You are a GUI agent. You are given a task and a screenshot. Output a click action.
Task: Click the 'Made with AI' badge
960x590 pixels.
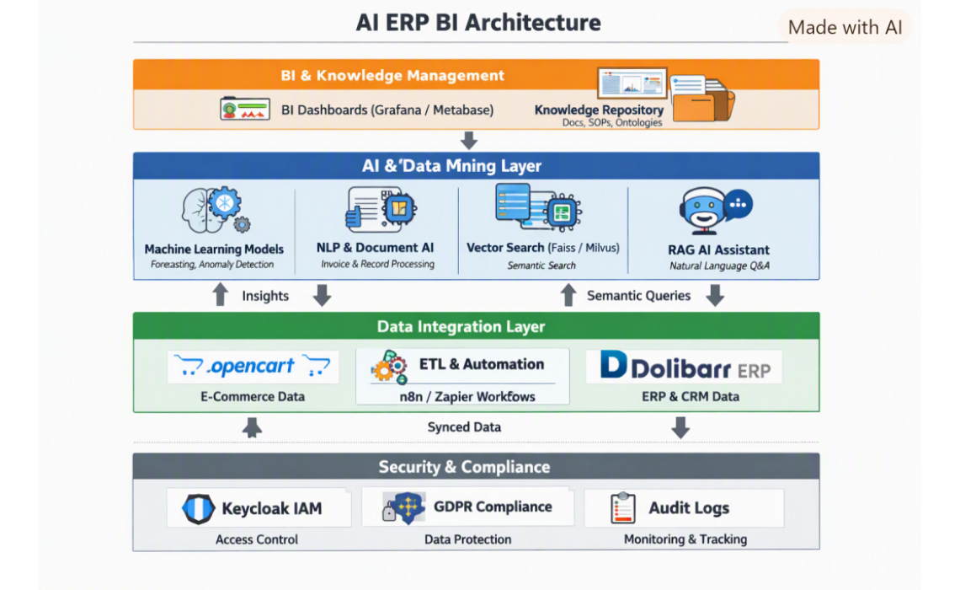click(845, 28)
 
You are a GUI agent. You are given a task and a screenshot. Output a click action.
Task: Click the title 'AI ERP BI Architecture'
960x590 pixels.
click(478, 23)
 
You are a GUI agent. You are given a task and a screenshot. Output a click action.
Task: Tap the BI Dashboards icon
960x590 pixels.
click(245, 109)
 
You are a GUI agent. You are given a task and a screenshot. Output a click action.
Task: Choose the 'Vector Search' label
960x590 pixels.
click(505, 248)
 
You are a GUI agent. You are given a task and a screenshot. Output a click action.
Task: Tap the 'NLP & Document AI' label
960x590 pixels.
click(376, 248)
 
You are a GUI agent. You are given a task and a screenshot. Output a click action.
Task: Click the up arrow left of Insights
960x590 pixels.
click(221, 295)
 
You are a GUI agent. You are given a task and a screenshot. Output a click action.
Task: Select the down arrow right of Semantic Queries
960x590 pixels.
click(715, 295)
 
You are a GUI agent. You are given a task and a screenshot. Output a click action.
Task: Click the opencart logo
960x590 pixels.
click(253, 366)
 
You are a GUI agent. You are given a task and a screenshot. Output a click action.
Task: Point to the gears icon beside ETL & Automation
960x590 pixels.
click(389, 367)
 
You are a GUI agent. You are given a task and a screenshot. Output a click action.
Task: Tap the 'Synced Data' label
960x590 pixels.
click(464, 427)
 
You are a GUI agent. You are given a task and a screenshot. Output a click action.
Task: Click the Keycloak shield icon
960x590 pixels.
click(199, 508)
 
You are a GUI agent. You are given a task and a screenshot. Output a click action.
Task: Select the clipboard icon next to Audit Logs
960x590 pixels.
click(623, 508)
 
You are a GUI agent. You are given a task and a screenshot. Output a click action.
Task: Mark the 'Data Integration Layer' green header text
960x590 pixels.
click(461, 326)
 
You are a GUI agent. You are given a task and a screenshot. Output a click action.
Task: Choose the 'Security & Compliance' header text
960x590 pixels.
click(464, 467)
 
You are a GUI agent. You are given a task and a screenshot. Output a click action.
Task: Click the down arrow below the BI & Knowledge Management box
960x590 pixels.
click(469, 140)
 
